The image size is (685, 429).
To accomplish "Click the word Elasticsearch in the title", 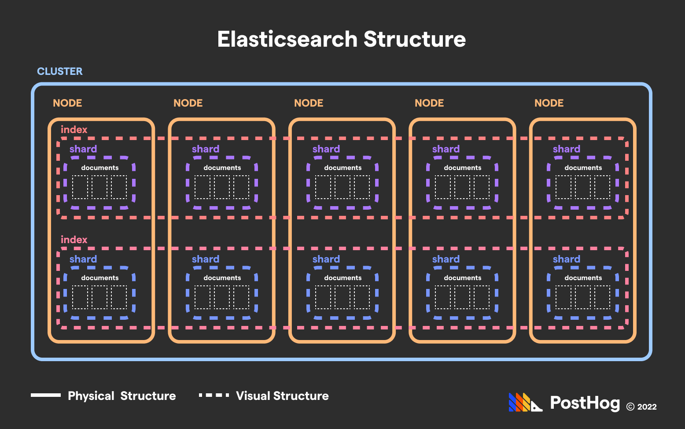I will tap(287, 39).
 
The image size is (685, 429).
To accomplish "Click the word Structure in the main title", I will tap(415, 39).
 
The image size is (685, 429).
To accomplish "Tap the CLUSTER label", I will tap(60, 71).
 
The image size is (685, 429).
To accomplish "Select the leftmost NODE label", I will tap(67, 103).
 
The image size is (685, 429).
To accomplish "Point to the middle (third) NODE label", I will tap(309, 103).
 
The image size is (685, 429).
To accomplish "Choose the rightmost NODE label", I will tap(549, 103).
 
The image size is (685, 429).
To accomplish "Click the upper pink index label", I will tap(74, 129).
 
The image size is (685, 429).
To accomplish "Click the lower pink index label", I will tap(74, 240).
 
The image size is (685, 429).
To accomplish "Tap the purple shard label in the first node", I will tap(83, 149).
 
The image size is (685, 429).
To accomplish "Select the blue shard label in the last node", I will tap(567, 259).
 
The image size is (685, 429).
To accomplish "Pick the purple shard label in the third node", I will tap(326, 149).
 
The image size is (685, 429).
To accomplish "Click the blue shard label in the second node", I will tap(206, 259).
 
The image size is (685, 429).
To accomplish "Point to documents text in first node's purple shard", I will tap(100, 168).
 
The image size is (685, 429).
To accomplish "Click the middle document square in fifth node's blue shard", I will tap(583, 297).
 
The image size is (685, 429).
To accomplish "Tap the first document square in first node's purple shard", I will tap(80, 187).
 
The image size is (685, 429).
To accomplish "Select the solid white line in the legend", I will tap(46, 395).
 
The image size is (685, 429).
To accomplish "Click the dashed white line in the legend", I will tap(214, 395).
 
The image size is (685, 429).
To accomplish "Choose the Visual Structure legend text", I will tap(282, 396).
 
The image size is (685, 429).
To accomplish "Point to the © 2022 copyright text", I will tap(641, 407).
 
